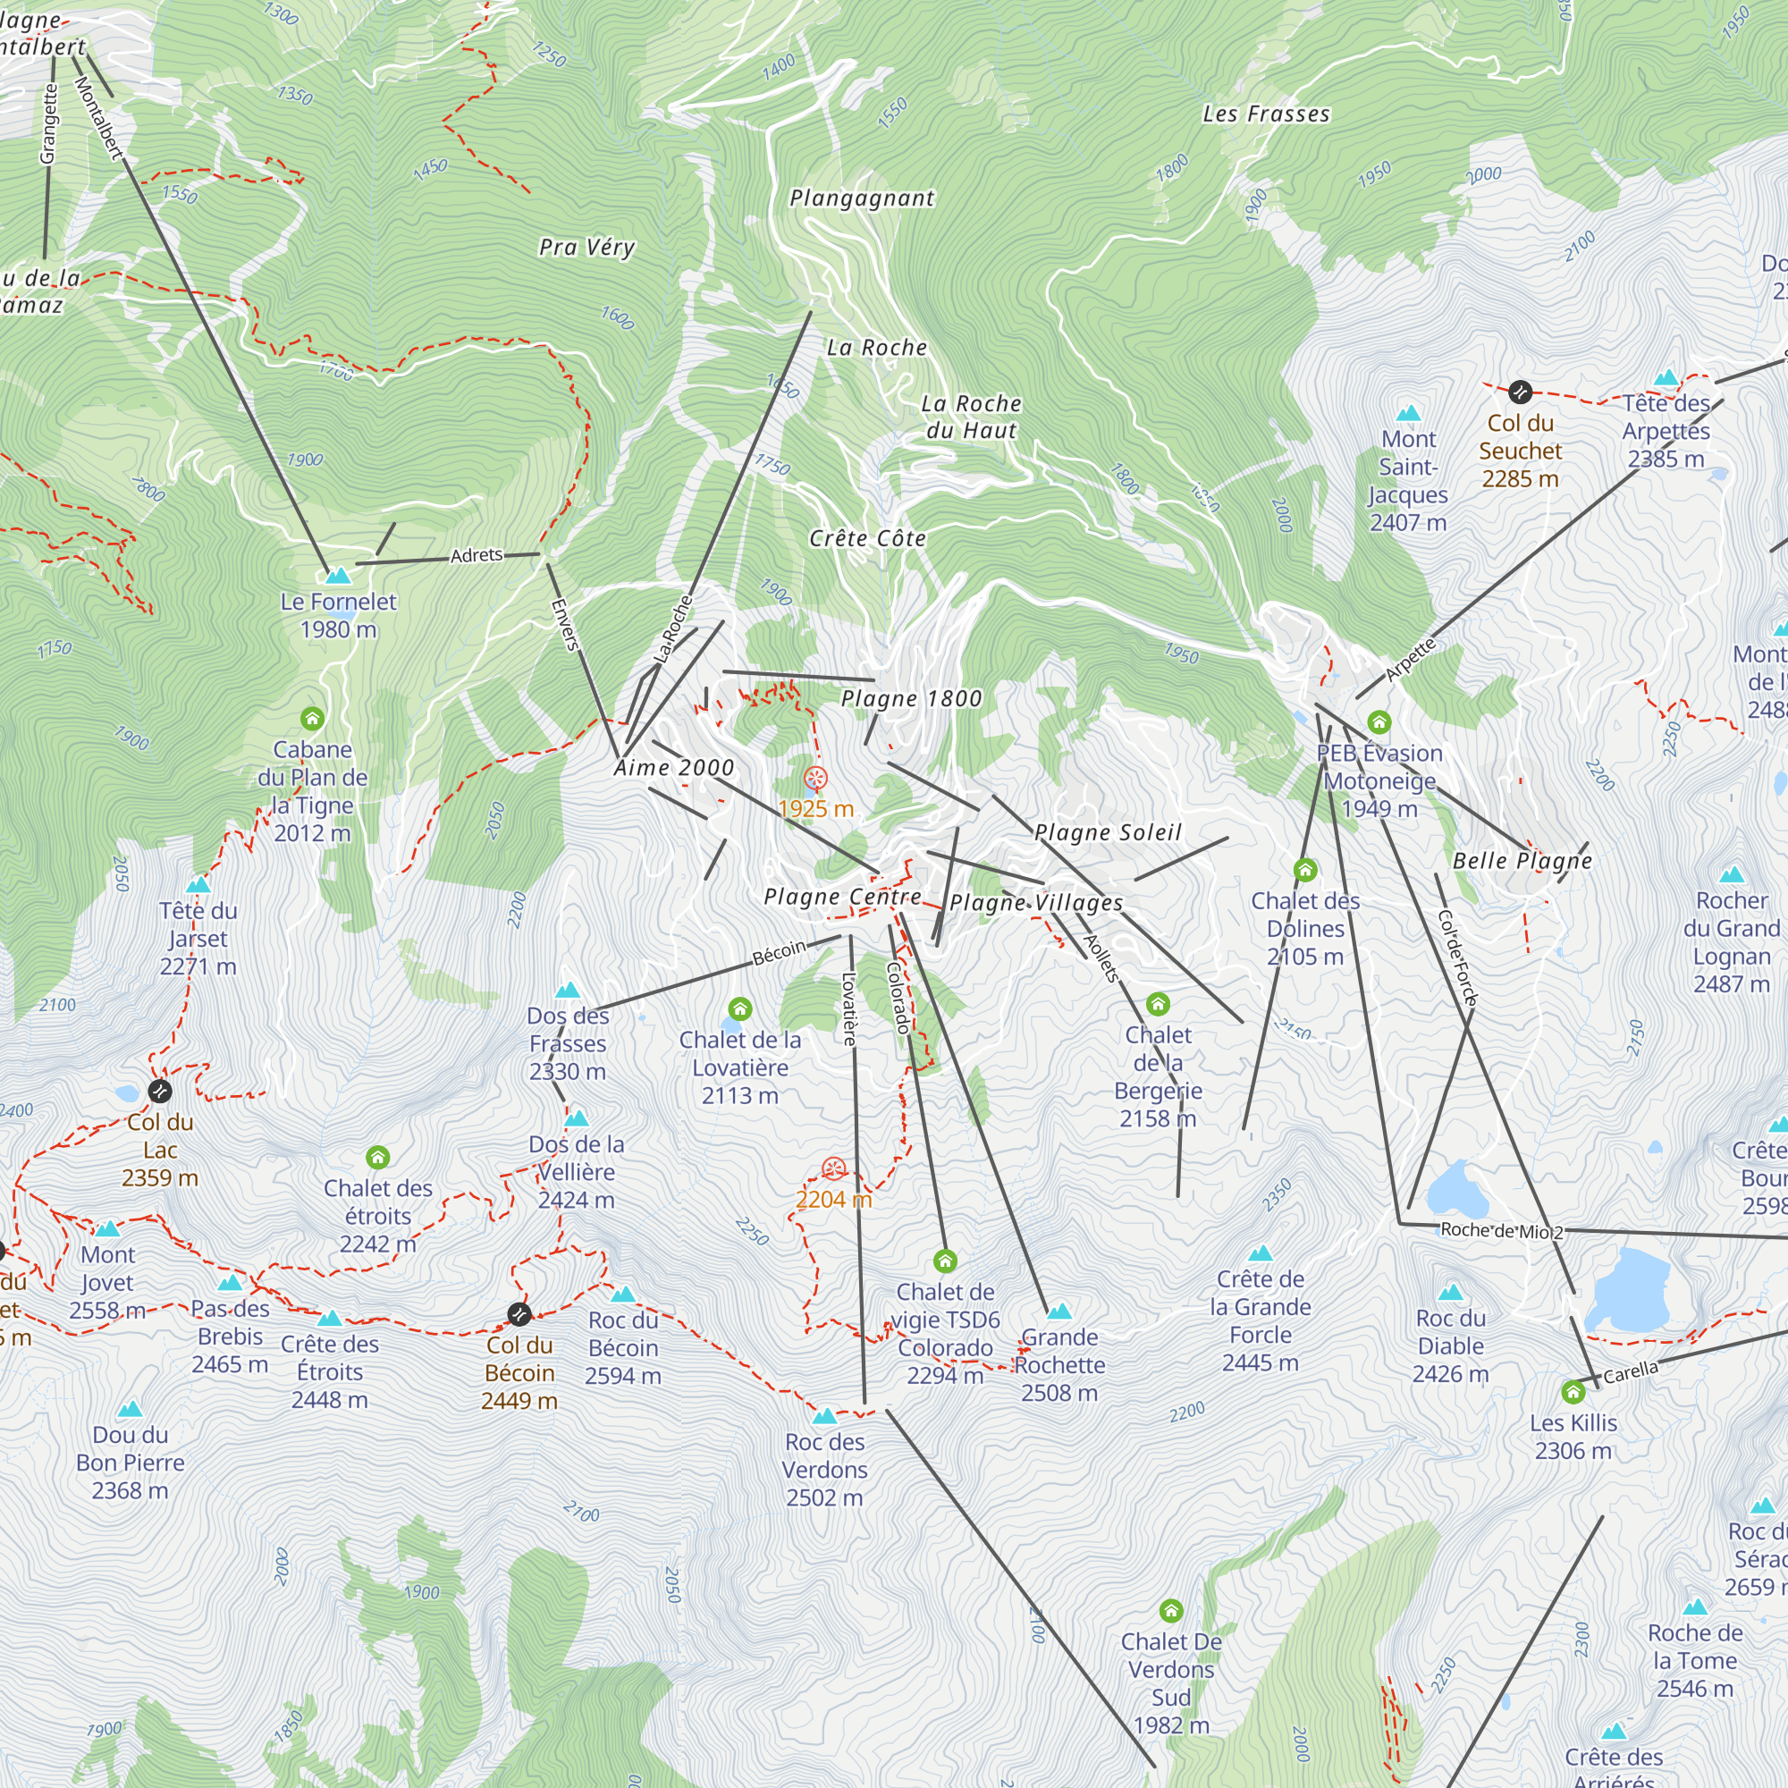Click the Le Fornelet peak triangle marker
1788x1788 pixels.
pos(339,576)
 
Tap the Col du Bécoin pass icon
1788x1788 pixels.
pos(519,1313)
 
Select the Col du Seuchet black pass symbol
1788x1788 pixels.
pos(1520,392)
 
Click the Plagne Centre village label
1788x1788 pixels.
pos(842,897)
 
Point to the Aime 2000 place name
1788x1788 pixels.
pos(674,768)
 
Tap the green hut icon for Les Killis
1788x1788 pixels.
pos(1573,1392)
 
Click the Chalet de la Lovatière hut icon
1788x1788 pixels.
pos(739,1008)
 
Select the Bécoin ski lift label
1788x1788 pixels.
pos(780,953)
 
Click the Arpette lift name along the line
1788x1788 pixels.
pos(1410,660)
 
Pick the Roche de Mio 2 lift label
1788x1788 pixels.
pos(1501,1231)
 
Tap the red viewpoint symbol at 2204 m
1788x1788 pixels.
pos(833,1168)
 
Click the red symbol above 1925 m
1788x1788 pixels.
pos(815,778)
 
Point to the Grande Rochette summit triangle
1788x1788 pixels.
pos(1059,1311)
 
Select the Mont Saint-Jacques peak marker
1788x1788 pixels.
pos(1409,413)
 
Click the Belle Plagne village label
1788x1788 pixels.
pos(1522,861)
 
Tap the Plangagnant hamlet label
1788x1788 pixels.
pos(862,198)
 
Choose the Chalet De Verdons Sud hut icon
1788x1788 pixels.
pos(1171,1611)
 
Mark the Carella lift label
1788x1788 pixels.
pos(1631,1372)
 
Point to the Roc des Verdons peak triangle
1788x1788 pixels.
pos(824,1416)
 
